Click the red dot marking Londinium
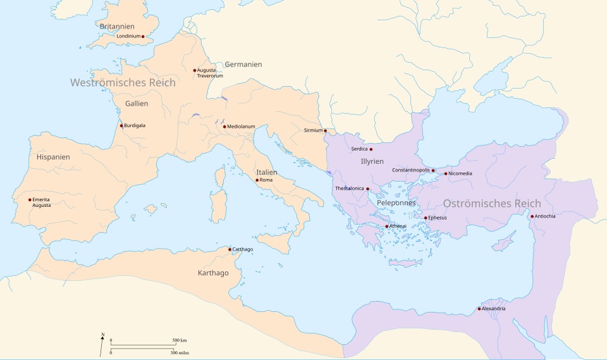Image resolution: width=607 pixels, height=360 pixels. [143, 37]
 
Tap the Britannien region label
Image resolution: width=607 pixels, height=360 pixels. [117, 27]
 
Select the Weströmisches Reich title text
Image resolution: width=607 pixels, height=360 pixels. [123, 82]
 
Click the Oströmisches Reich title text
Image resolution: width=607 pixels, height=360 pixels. [492, 204]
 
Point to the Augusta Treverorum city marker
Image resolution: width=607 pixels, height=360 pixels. [194, 70]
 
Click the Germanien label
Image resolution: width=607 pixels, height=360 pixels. [243, 65]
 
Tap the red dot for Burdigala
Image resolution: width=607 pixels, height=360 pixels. [121, 125]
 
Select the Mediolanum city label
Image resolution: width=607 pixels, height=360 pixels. [241, 127]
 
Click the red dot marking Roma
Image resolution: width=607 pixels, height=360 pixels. [257, 180]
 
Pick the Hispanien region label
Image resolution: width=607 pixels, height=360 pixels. [53, 157]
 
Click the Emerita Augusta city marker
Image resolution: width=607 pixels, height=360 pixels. [30, 200]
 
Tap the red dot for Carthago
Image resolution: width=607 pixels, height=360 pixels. [230, 249]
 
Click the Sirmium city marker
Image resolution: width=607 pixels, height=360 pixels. [326, 131]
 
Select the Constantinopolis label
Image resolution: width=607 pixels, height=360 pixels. [411, 170]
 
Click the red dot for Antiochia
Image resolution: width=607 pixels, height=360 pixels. [532, 216]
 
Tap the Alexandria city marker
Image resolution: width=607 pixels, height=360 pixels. [479, 309]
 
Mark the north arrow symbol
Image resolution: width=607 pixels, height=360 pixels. [102, 344]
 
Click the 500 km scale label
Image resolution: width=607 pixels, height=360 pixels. [180, 341]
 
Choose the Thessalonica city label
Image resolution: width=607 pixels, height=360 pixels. [350, 189]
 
